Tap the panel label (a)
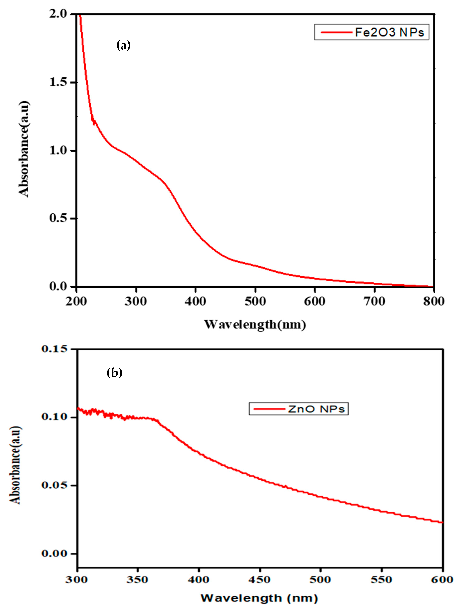click(x=123, y=45)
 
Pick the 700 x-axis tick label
click(x=374, y=301)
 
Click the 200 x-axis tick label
click(x=76, y=301)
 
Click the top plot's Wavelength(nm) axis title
click(x=255, y=324)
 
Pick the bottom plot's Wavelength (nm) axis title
click(x=259, y=598)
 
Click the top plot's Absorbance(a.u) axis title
click(x=24, y=149)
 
